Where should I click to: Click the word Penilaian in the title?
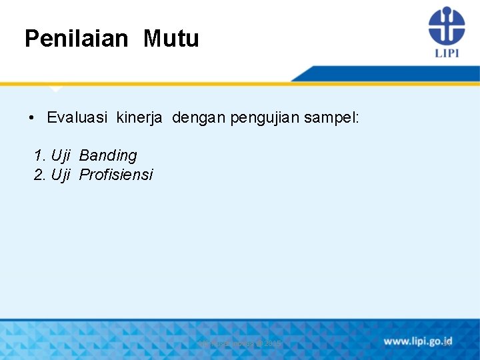point(75,39)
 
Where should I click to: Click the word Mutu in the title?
point(171,39)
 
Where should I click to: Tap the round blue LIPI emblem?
point(446,25)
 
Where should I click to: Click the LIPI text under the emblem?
point(447,53)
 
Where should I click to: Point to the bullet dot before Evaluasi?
point(31,119)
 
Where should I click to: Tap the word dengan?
point(199,118)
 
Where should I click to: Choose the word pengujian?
point(263,119)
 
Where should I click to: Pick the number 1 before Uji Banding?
point(39,155)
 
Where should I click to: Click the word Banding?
point(108,156)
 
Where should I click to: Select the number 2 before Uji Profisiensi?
point(39,175)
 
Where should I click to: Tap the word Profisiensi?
point(116,175)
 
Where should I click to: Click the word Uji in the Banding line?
point(61,155)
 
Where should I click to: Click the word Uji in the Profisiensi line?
point(61,175)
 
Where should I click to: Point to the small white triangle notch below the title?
point(56,89)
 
